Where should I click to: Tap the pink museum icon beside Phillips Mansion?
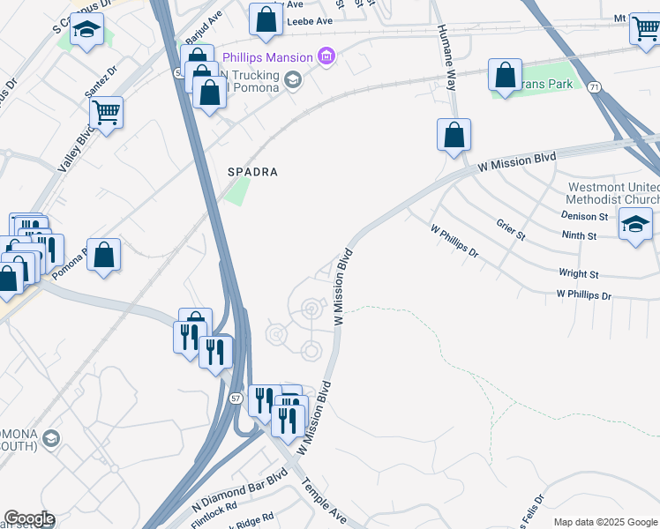pos(327,57)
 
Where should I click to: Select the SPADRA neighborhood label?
pos(253,173)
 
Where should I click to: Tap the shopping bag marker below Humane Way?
pos(454,136)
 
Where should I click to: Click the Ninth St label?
pos(579,235)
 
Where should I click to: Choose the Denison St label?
pos(585,216)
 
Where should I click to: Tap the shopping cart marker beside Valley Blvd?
pos(106,112)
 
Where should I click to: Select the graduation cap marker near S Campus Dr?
pos(86,31)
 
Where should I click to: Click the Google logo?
pos(28,518)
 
